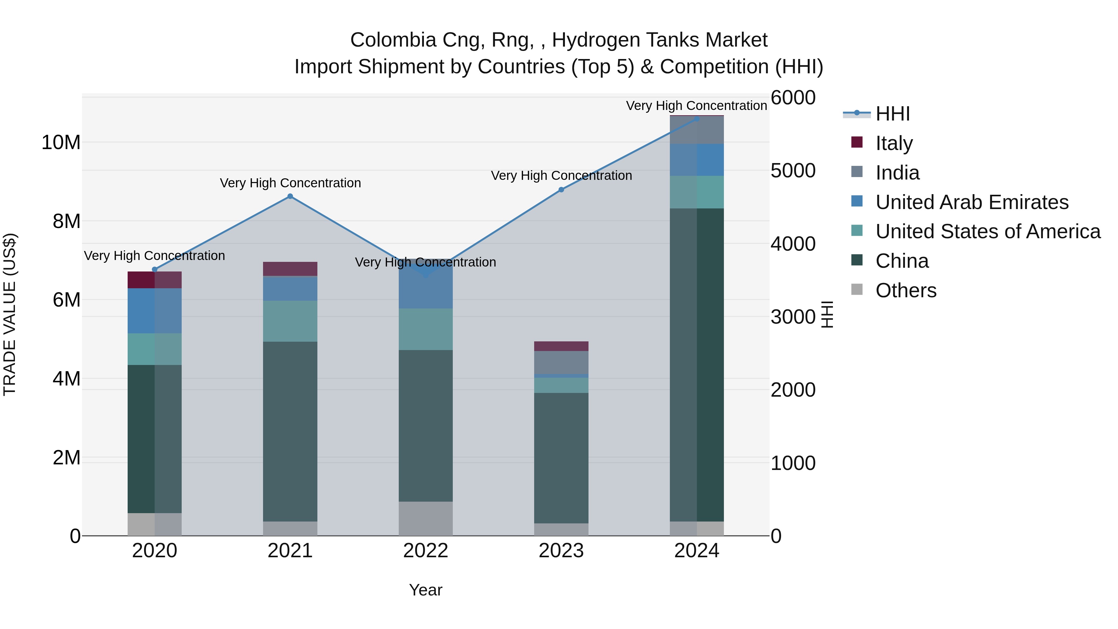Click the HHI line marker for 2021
pos(290,196)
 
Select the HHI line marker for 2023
pos(561,190)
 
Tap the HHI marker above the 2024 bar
pos(697,119)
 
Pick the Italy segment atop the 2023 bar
pos(561,346)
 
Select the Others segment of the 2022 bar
pos(426,518)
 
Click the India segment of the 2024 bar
pos(697,130)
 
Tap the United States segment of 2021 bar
pos(290,321)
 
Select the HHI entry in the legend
pos(892,114)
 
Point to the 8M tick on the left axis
pos(66,221)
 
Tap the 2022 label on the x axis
pos(426,551)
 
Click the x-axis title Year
pos(425,590)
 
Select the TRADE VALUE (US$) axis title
pos(10,314)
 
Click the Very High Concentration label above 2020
pos(155,256)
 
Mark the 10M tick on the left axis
pos(61,142)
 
